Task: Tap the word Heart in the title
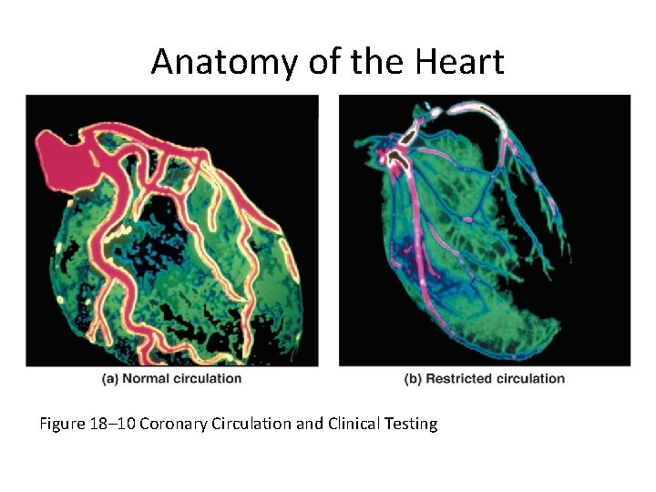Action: pos(460,62)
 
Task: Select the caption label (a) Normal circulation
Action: pos(172,378)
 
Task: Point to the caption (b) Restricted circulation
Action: pos(485,378)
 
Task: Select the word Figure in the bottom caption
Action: pos(61,424)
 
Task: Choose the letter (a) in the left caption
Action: pos(110,378)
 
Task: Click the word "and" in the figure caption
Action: pos(308,424)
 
